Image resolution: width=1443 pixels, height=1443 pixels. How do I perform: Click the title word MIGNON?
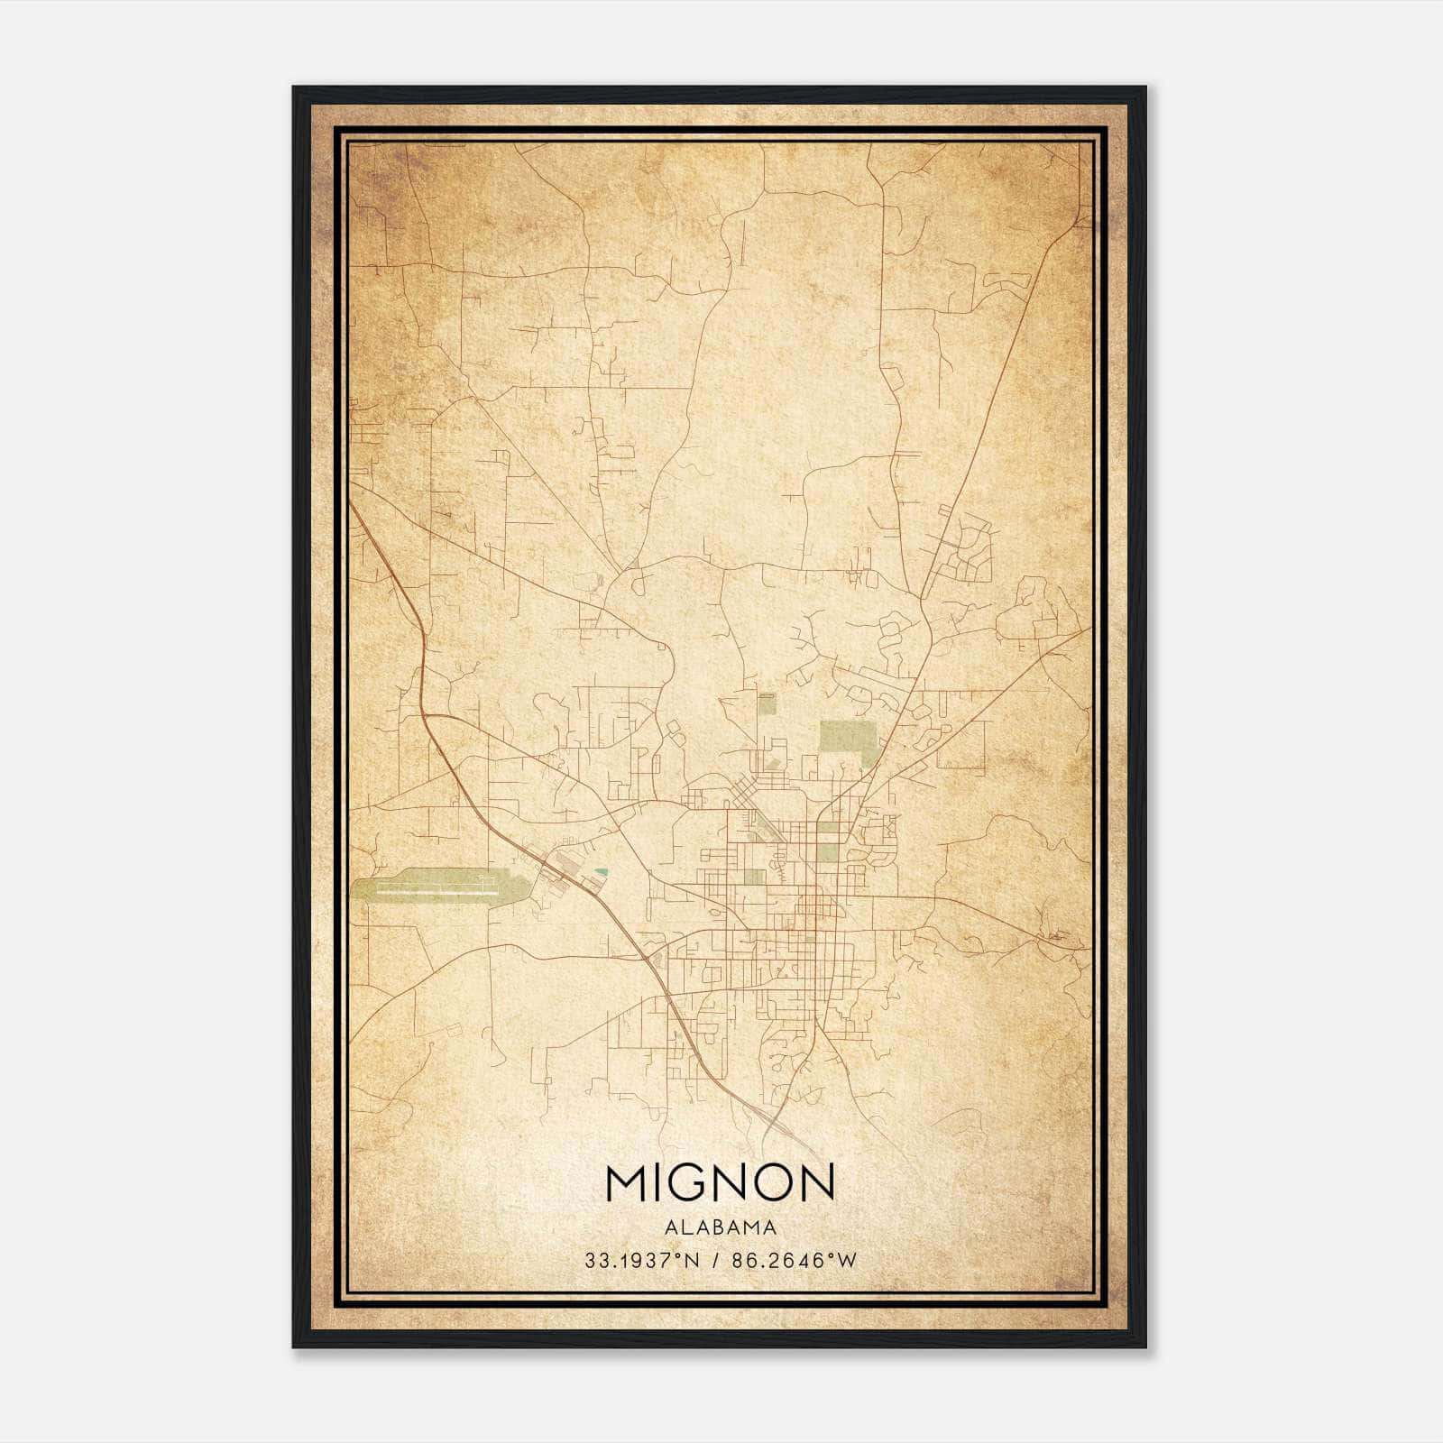720,1182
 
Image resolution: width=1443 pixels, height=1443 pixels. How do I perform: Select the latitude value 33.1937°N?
642,1261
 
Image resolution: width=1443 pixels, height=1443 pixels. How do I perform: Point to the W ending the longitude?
847,1261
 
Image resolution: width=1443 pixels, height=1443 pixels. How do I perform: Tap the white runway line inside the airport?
433,892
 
